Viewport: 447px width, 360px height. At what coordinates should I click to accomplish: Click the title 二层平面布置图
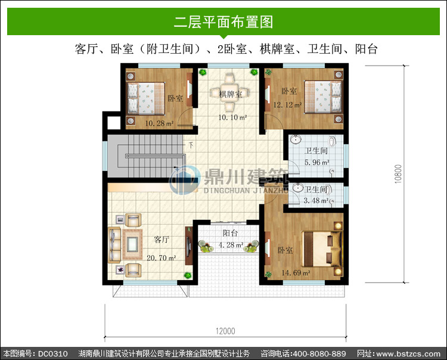(223, 22)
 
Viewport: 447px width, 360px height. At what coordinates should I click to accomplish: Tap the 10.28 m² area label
(159, 123)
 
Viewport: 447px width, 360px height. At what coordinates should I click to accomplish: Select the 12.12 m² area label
(287, 105)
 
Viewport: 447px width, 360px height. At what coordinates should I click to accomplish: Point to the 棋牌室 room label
(231, 94)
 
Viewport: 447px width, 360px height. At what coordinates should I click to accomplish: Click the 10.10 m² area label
(232, 117)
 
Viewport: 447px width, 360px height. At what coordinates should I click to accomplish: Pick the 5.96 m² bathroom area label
(317, 163)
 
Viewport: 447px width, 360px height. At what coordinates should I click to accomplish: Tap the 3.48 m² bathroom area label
(316, 201)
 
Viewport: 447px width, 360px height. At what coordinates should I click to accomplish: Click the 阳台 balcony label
(230, 233)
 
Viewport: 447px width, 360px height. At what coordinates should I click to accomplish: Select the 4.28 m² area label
(231, 245)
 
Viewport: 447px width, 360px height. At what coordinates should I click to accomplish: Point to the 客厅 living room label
(162, 240)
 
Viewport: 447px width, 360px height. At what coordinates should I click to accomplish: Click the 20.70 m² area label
(162, 258)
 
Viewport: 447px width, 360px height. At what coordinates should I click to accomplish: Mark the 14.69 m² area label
(296, 273)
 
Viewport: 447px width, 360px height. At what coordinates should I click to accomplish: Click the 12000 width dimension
(225, 331)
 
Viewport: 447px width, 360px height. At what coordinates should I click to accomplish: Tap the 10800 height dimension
(398, 174)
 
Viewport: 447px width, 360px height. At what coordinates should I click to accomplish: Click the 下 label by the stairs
(191, 145)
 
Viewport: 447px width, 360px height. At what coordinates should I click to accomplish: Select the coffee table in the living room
(132, 244)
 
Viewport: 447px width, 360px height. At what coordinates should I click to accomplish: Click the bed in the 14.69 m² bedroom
(322, 249)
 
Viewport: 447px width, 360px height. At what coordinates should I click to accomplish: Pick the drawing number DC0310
(52, 353)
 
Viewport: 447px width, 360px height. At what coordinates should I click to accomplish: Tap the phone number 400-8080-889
(319, 353)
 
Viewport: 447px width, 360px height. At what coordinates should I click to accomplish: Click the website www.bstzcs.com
(408, 353)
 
